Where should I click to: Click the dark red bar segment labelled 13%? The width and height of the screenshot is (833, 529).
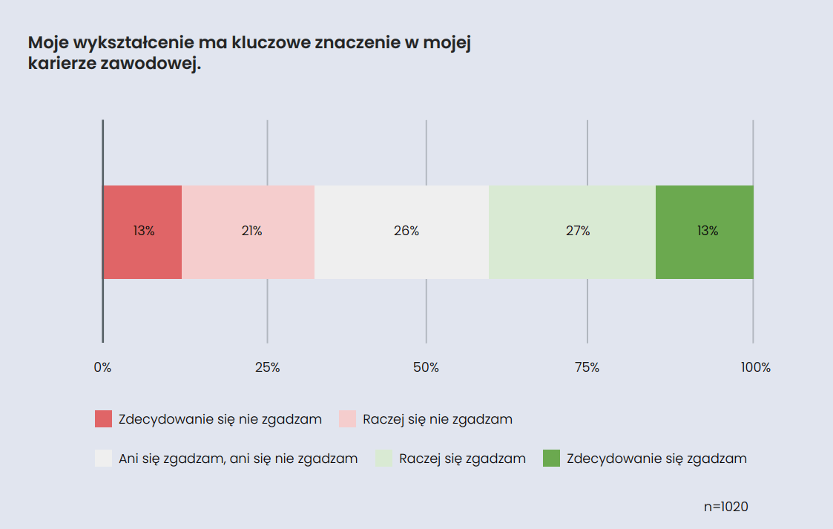tap(142, 231)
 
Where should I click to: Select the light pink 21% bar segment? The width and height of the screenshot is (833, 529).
tap(248, 231)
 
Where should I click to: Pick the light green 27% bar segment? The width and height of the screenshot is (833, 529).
tap(573, 231)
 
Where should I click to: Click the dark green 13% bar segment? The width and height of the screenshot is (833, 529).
tap(705, 231)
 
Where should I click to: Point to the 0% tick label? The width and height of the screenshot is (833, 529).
tap(102, 367)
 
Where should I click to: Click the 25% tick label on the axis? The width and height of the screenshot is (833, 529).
tap(267, 367)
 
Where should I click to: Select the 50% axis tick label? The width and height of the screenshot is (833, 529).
tap(426, 367)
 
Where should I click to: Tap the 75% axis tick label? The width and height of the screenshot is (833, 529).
tap(587, 367)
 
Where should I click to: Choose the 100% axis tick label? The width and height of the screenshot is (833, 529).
tap(756, 367)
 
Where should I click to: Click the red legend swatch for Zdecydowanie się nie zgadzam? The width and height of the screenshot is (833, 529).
tap(103, 419)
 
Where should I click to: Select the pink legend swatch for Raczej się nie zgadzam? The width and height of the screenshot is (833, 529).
tap(347, 419)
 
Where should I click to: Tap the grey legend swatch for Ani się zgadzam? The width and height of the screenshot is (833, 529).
tap(103, 459)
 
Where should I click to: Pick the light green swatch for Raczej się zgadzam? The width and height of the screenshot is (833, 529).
tap(383, 459)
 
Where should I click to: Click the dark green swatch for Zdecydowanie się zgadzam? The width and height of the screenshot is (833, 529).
tap(551, 459)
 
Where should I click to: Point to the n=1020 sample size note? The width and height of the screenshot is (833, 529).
tap(725, 507)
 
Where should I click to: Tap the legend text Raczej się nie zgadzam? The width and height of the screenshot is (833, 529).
tap(438, 419)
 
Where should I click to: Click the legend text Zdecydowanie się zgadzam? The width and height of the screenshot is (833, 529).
tap(656, 459)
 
